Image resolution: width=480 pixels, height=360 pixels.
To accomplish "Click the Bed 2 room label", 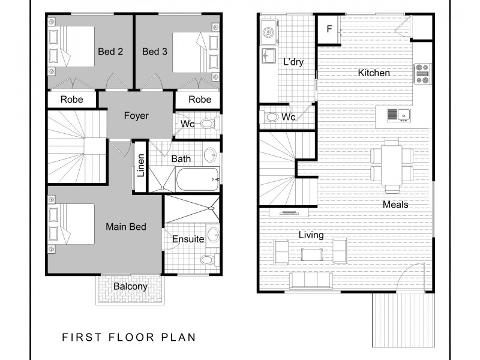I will click(x=110, y=52).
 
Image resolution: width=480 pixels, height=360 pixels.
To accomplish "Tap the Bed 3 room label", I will click(x=155, y=52).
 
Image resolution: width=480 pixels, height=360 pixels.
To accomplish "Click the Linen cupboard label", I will click(x=141, y=167).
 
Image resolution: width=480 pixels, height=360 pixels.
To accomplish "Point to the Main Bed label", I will click(x=126, y=227).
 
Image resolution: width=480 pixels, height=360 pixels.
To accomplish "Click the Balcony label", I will click(x=130, y=287).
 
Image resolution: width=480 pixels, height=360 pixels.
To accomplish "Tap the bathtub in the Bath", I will click(x=197, y=178).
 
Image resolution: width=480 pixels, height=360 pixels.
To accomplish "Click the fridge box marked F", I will click(x=329, y=29).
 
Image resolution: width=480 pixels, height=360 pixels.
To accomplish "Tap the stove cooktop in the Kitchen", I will click(x=422, y=73).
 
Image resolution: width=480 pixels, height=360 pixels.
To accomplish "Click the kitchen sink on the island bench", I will click(x=397, y=113).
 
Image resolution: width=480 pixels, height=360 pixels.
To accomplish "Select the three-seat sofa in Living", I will click(x=311, y=280).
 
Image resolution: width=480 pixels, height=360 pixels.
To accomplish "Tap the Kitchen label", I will click(x=374, y=73).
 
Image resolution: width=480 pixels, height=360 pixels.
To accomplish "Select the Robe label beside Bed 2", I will click(x=71, y=100).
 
